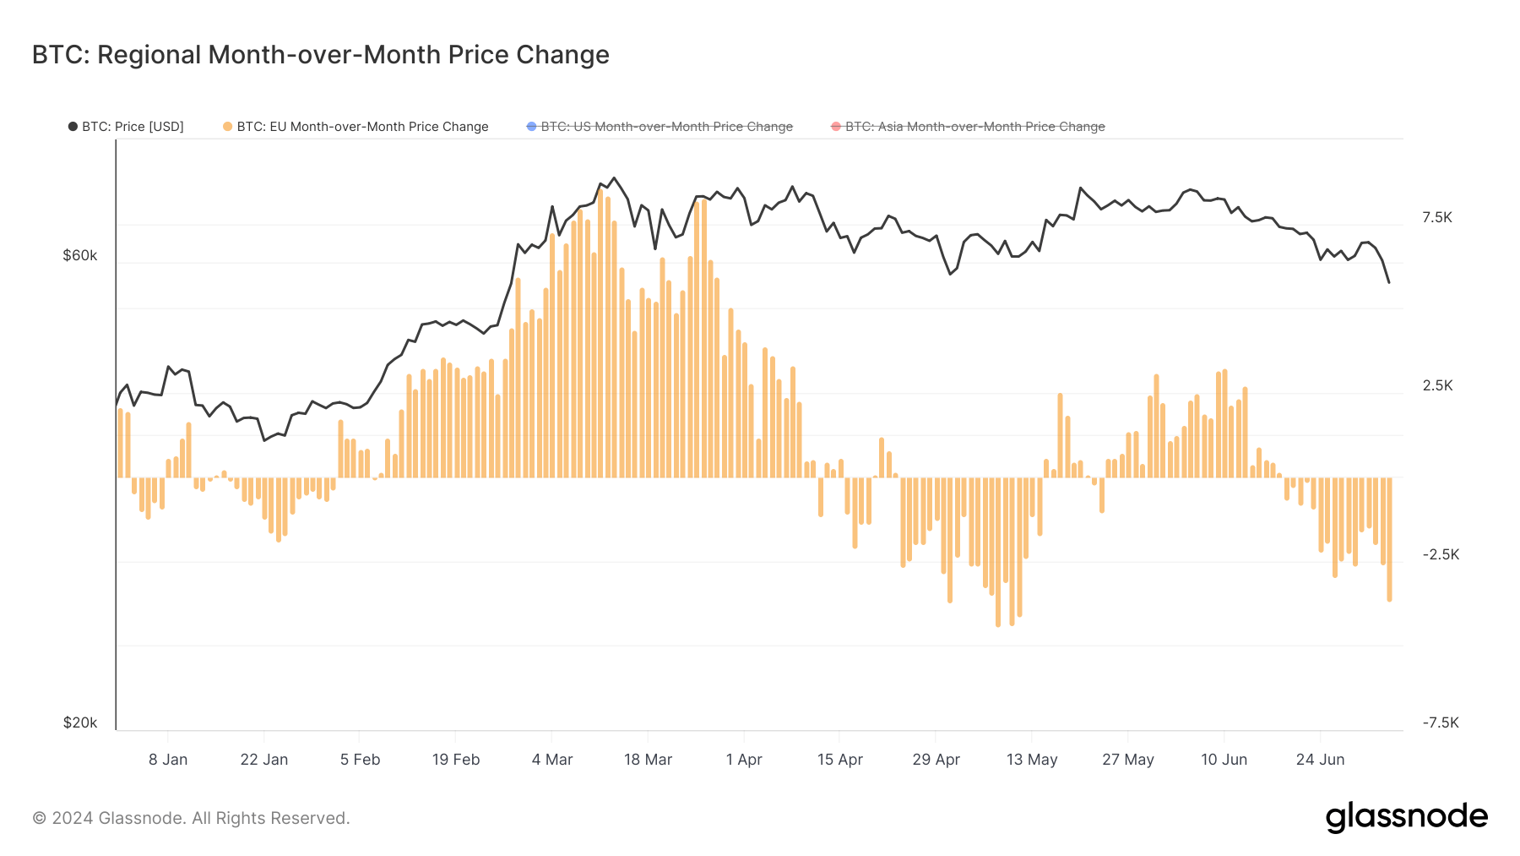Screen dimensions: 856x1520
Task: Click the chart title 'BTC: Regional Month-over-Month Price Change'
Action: click(x=320, y=55)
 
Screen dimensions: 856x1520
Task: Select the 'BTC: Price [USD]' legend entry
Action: click(x=126, y=127)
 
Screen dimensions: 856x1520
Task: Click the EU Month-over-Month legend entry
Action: click(x=356, y=127)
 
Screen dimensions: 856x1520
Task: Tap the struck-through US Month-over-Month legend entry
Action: click(x=660, y=127)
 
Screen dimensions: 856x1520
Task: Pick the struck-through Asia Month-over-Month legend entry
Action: click(x=968, y=127)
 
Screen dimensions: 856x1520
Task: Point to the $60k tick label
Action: click(x=80, y=255)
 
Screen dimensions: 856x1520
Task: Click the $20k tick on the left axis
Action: click(x=80, y=722)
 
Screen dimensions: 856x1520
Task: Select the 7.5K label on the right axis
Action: click(x=1437, y=217)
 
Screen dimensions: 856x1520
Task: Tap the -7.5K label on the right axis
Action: click(x=1441, y=722)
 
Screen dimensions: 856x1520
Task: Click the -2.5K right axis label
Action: click(x=1441, y=554)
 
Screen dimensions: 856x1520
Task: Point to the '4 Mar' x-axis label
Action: click(x=552, y=760)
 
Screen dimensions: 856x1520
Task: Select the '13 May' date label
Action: click(x=1032, y=760)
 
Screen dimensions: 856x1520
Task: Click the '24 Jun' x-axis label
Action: click(x=1320, y=760)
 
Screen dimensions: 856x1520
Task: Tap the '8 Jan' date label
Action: click(x=168, y=760)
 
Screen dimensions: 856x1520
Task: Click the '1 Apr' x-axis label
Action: click(x=744, y=760)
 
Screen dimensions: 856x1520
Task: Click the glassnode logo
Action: click(x=1406, y=817)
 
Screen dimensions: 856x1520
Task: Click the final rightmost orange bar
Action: click(x=1389, y=541)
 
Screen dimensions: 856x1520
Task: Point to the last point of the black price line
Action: click(x=1389, y=282)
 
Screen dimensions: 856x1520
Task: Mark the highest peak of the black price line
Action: click(x=614, y=177)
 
